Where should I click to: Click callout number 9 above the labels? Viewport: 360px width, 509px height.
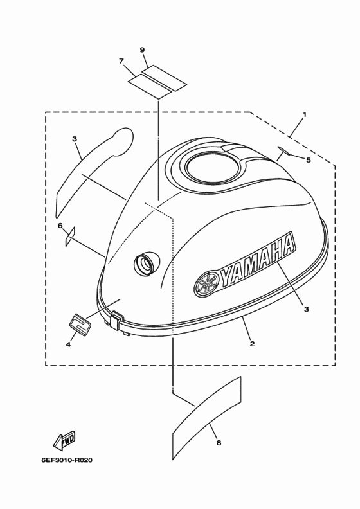(142, 49)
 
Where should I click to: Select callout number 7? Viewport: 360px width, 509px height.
(122, 61)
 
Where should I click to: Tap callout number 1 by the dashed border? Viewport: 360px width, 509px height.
(305, 114)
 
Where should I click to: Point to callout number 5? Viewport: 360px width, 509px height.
(309, 160)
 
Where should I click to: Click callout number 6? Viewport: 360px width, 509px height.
(60, 226)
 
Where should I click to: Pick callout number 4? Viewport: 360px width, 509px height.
(68, 344)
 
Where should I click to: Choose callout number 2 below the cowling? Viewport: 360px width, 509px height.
(252, 344)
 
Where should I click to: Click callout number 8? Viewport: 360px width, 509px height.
(219, 443)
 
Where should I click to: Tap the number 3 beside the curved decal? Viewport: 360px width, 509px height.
(75, 139)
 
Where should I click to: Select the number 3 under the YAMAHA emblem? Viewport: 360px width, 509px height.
(306, 309)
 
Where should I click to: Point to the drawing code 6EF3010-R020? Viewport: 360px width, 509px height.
(67, 460)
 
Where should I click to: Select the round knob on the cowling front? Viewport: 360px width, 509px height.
(147, 263)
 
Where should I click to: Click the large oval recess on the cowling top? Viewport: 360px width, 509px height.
(213, 168)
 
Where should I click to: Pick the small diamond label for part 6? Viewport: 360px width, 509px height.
(70, 236)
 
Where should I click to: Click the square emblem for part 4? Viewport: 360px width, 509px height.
(80, 323)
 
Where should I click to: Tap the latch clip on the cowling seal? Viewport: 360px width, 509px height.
(116, 319)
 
